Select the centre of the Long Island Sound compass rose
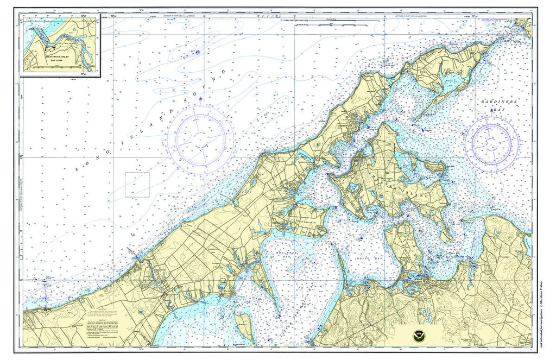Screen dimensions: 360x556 (200, 140)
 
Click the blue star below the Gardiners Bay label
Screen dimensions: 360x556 (491, 111)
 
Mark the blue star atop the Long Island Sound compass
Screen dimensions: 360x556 (200, 99)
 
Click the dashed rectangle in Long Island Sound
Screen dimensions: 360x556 (137, 185)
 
